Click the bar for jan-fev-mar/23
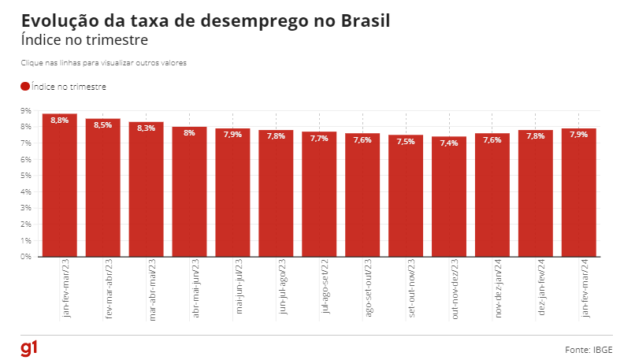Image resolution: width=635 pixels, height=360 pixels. click(x=60, y=189)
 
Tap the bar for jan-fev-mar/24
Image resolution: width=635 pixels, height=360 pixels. click(x=579, y=193)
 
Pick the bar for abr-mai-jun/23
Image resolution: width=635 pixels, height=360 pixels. click(x=190, y=193)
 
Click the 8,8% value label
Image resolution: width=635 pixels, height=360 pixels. click(x=60, y=121)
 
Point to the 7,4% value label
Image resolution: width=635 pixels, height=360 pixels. click(x=449, y=143)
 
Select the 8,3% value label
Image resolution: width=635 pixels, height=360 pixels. click(x=147, y=128)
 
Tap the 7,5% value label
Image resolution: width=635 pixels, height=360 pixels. click(x=406, y=142)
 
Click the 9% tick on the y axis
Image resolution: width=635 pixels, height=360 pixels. click(x=26, y=110)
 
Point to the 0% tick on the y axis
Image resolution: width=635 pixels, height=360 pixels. click(x=26, y=256)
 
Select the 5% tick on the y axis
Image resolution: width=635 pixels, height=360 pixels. click(x=26, y=175)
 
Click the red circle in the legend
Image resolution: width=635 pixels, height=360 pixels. click(x=24, y=87)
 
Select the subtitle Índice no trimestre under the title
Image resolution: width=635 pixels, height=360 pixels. click(x=84, y=39)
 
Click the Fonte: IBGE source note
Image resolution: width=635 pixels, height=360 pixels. click(x=589, y=349)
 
